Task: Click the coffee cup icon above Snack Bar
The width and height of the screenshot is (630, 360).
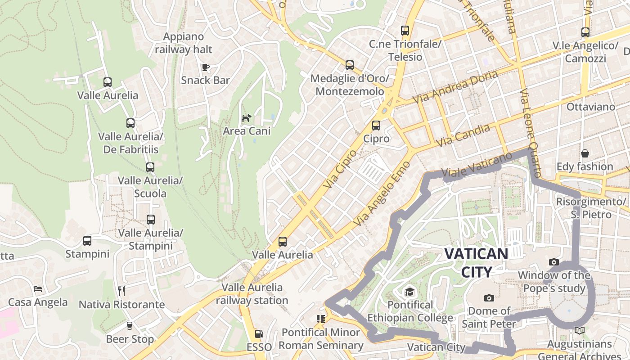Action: click(206, 67)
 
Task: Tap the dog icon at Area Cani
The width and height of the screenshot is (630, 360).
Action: click(247, 118)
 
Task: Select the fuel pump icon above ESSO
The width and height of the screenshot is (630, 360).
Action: click(259, 334)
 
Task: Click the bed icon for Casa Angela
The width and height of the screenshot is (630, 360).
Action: click(38, 289)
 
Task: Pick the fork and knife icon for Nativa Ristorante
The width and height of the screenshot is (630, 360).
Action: click(121, 291)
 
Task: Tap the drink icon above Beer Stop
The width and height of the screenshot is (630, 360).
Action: click(130, 326)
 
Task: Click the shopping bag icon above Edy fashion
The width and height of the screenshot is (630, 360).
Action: click(585, 154)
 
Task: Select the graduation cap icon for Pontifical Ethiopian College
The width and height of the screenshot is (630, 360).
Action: click(410, 292)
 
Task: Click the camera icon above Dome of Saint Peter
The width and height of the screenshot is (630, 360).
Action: click(489, 298)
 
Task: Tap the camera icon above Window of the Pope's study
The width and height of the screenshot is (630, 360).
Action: click(554, 262)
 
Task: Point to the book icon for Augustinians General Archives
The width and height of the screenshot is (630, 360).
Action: click(580, 331)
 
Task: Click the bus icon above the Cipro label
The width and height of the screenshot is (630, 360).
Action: click(376, 126)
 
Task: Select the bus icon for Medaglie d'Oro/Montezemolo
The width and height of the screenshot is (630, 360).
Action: click(350, 65)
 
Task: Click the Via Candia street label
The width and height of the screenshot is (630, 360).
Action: click(463, 135)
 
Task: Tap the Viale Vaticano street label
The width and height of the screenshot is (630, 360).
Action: click(477, 165)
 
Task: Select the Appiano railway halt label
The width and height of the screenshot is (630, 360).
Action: click(184, 43)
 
